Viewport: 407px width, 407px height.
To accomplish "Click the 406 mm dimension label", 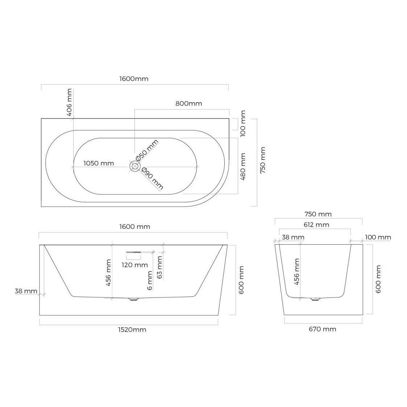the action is (x=69, y=102).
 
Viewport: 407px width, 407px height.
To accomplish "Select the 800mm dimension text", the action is (x=189, y=104).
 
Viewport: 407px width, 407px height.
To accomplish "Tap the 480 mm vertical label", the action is (x=243, y=167).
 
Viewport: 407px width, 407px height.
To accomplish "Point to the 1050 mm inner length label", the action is (x=99, y=163).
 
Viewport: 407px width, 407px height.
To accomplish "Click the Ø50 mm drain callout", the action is (x=147, y=150).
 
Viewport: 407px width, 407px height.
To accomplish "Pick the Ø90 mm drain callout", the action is (x=152, y=179).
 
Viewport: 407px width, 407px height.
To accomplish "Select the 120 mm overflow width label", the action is (x=135, y=265).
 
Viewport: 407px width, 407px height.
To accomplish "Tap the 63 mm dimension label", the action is (x=159, y=267).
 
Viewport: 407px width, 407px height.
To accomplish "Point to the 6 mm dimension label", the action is (x=150, y=281).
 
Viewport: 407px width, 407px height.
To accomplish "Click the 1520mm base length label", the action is (x=132, y=330).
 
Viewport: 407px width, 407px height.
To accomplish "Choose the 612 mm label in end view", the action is (x=316, y=225).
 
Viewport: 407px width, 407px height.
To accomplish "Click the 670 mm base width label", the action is (x=323, y=329).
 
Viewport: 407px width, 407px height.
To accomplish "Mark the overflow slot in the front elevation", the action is (x=133, y=252).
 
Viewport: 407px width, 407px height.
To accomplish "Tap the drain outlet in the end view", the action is (x=315, y=299).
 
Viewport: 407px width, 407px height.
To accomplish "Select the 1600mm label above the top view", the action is (x=134, y=79).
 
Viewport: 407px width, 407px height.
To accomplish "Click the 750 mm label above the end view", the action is (x=318, y=214).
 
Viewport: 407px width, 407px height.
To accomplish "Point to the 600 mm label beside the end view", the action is (x=378, y=279).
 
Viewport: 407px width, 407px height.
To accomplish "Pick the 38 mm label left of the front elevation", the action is (x=26, y=291).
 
